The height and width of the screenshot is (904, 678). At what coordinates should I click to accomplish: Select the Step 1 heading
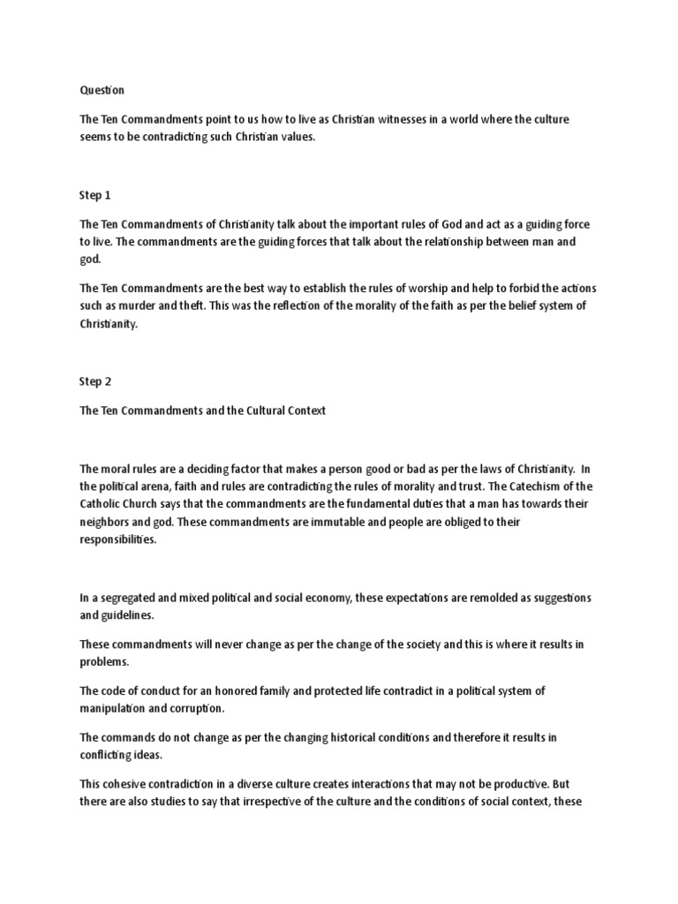(x=94, y=195)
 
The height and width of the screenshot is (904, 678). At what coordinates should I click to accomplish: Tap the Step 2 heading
(x=94, y=382)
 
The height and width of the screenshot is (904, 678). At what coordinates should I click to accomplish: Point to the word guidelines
(x=132, y=615)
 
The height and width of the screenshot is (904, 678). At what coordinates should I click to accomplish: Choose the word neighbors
(x=109, y=521)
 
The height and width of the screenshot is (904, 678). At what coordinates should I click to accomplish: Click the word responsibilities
(x=118, y=539)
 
